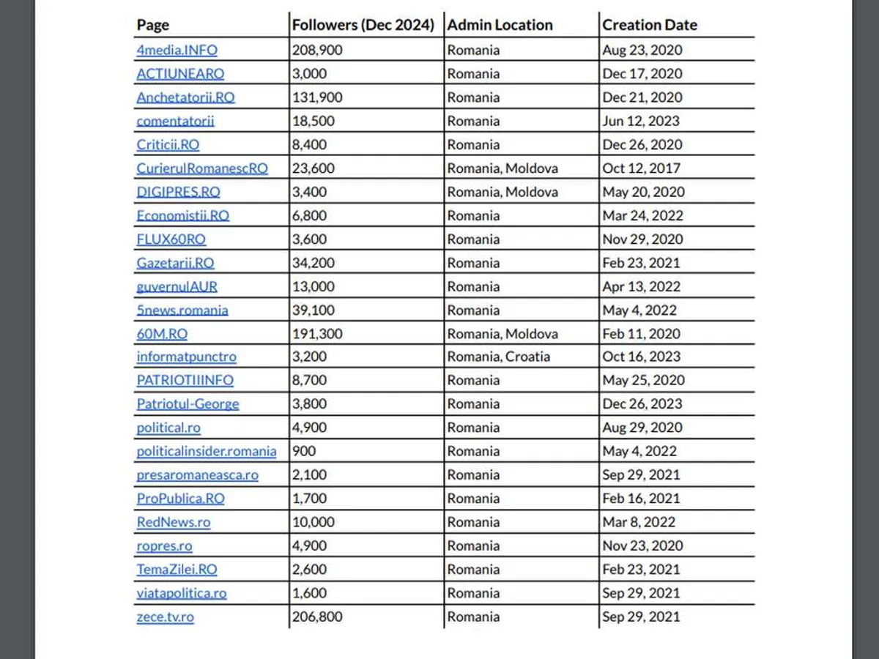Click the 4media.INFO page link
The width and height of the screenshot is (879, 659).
[x=177, y=51]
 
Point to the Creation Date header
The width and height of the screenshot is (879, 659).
[x=649, y=25]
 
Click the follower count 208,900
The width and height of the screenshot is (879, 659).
[x=317, y=51]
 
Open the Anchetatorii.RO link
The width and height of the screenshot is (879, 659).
[x=185, y=97]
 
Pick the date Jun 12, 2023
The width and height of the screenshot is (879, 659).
[x=641, y=121]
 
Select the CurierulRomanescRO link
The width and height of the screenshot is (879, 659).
[x=202, y=168]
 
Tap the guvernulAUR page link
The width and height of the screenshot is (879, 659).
[x=177, y=286]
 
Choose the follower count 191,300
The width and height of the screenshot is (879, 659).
[x=317, y=334]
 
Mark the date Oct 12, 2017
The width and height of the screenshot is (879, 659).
[x=642, y=168]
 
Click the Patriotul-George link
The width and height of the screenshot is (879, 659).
[x=188, y=404]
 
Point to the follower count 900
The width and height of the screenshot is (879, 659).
[x=304, y=451]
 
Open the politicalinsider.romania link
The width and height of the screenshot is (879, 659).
[x=207, y=451]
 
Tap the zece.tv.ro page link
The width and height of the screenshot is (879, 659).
[x=165, y=617]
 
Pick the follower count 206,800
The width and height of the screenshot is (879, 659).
[x=317, y=617]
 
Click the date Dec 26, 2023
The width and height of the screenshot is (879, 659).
[x=642, y=404]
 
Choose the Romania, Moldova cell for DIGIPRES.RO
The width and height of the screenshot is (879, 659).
[x=502, y=192]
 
